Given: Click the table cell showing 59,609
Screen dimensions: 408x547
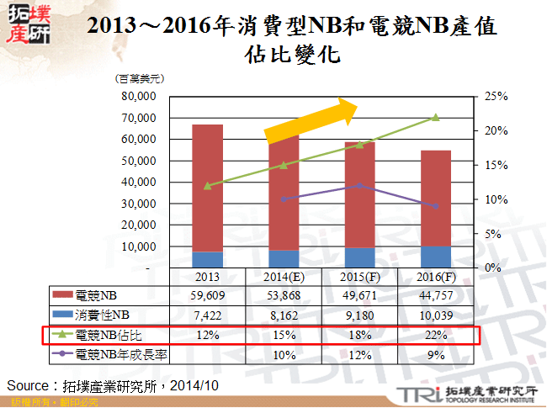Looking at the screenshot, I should (x=207, y=295).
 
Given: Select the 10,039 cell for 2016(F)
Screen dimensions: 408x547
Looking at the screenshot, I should (x=435, y=315).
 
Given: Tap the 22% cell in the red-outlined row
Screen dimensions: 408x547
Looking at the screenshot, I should (x=435, y=335).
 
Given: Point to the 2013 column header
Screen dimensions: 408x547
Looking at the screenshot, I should (x=207, y=277).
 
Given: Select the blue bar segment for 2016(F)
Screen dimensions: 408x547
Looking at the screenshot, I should (x=435, y=257).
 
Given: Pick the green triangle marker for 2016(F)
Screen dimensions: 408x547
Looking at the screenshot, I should (x=435, y=117).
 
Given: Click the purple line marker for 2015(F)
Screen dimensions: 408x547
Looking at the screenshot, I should (x=359, y=185).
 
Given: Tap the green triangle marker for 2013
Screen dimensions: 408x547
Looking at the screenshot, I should (x=207, y=185).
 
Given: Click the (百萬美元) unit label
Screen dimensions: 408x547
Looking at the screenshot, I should (x=138, y=78).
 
